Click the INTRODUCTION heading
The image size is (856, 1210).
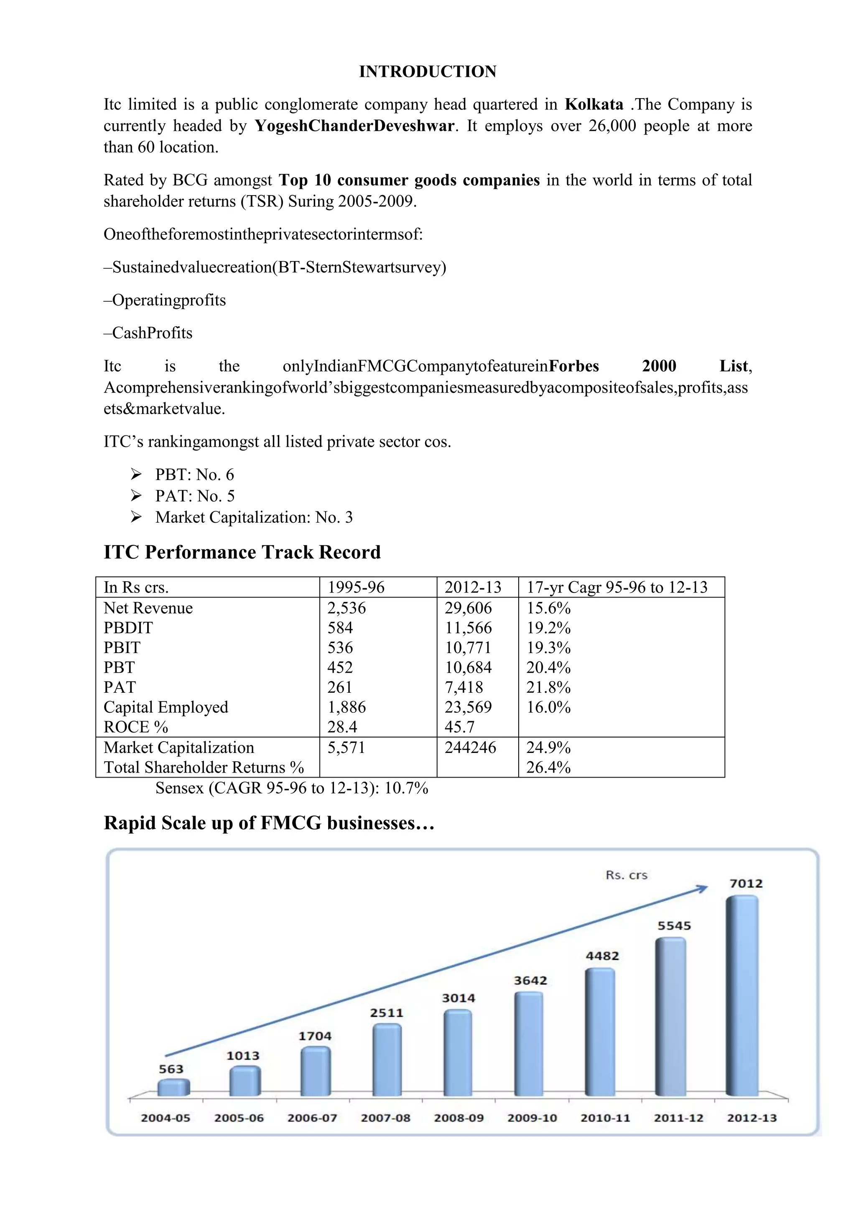click(428, 72)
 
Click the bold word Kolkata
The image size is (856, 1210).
click(594, 104)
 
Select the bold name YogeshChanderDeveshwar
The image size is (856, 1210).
click(354, 126)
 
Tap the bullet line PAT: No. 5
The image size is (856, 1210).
click(194, 496)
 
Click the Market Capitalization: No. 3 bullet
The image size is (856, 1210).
click(254, 518)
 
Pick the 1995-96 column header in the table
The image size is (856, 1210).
click(356, 587)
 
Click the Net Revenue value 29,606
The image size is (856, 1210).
click(468, 608)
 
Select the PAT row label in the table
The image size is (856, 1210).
click(120, 687)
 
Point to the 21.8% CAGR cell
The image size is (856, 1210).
click(548, 687)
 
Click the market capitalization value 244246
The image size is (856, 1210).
click(470, 747)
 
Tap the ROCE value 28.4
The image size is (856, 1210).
click(342, 727)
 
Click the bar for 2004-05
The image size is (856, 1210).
click(173, 1087)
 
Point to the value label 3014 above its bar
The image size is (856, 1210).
click(458, 998)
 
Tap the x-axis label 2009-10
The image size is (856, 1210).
click(532, 1118)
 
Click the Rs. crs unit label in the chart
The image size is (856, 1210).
click(626, 875)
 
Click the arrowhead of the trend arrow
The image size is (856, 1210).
click(703, 889)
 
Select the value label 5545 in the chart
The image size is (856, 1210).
click(674, 926)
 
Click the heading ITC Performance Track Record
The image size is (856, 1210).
click(242, 552)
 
